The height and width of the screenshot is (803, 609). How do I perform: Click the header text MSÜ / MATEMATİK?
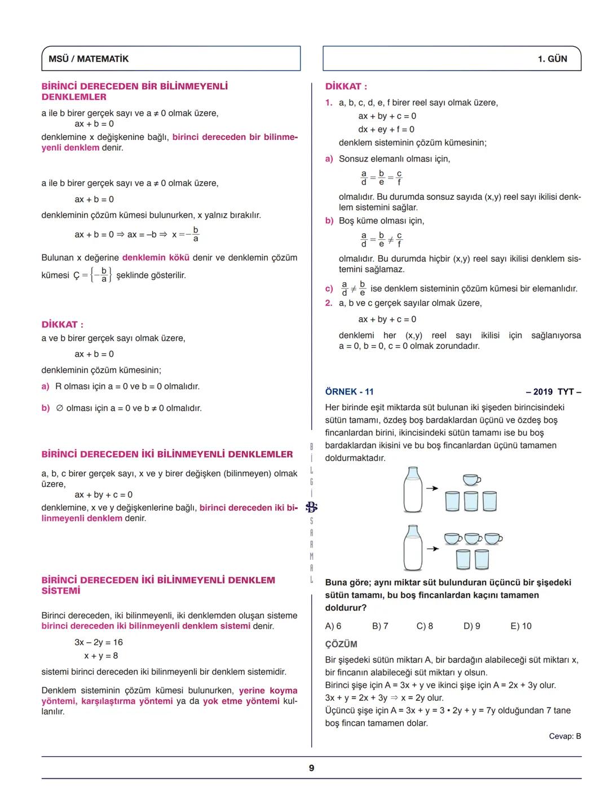click(x=89, y=59)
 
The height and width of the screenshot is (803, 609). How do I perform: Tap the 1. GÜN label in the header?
click(x=552, y=59)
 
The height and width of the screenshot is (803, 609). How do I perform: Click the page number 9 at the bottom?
click(x=311, y=768)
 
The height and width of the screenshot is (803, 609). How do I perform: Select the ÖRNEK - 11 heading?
click(x=349, y=392)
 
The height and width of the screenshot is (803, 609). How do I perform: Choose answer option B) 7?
click(x=380, y=626)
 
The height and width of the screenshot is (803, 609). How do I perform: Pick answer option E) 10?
click(x=520, y=626)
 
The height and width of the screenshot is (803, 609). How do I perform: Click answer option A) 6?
click(x=333, y=626)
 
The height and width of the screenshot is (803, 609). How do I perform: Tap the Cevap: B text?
click(x=564, y=736)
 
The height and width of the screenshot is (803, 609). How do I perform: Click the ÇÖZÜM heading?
click(x=341, y=644)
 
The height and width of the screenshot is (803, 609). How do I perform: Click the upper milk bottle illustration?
click(x=413, y=489)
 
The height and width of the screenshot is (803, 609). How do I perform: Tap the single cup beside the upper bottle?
click(x=471, y=480)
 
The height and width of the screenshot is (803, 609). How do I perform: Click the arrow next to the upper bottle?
click(x=432, y=489)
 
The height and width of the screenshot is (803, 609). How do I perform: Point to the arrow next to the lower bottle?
click(x=432, y=548)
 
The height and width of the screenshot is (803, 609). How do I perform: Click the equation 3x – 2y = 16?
click(x=99, y=642)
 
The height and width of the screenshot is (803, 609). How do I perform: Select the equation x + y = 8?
click(x=101, y=656)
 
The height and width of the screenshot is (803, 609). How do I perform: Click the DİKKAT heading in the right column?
click(x=346, y=86)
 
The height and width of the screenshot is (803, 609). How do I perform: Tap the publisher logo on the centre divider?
click(x=311, y=507)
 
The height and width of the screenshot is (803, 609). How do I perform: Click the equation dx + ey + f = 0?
click(x=386, y=129)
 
